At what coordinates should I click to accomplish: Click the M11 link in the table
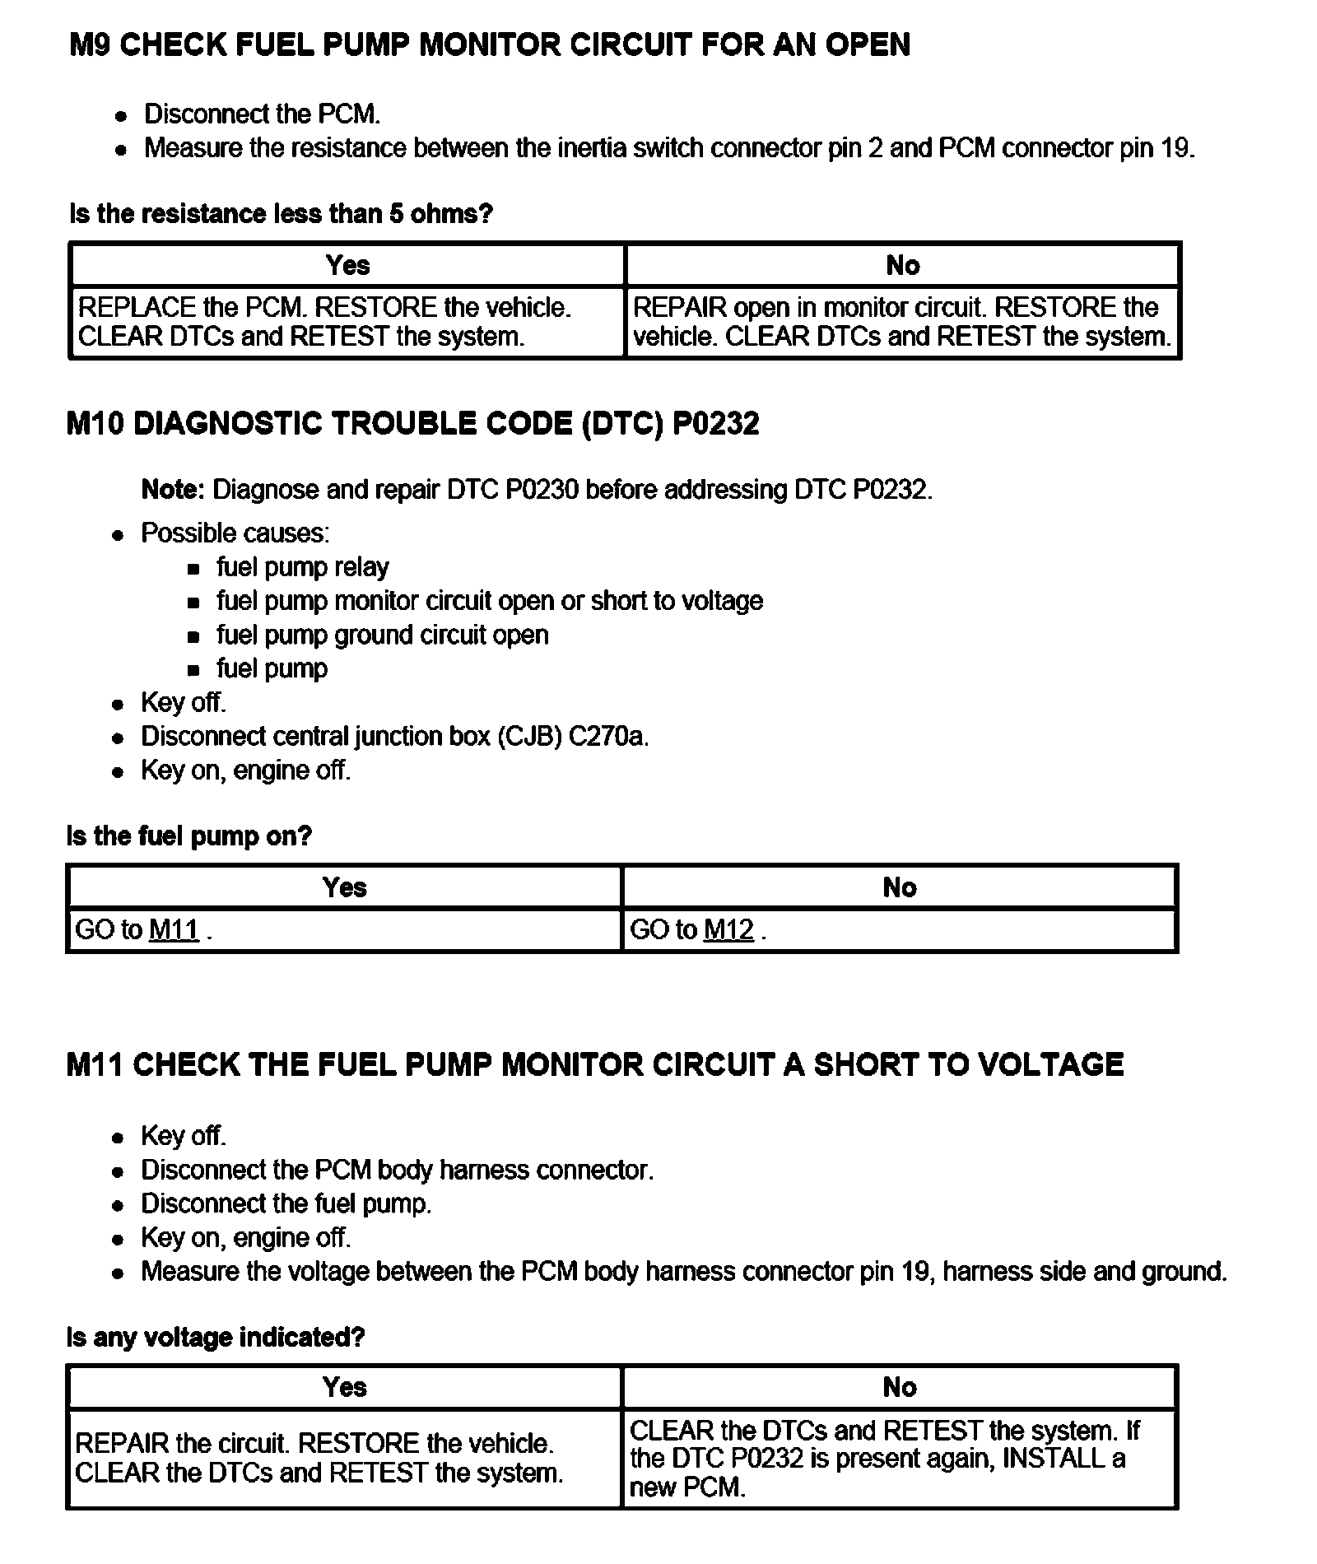174,930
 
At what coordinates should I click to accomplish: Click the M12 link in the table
728,930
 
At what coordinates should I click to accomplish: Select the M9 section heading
490,44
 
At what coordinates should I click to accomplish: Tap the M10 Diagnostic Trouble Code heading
412,424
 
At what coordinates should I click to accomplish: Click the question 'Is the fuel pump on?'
189,836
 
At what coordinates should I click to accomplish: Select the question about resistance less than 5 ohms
281,214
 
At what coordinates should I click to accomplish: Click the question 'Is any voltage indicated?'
215,1337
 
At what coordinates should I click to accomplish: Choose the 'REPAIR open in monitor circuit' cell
902,322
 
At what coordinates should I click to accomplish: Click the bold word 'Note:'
173,490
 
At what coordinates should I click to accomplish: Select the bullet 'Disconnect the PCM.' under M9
262,114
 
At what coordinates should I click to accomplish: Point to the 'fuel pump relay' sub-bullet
302,567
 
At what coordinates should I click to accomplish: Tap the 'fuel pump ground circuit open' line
382,635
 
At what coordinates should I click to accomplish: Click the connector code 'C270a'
607,736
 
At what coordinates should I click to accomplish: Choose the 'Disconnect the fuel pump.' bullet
286,1203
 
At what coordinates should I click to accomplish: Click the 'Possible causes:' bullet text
235,533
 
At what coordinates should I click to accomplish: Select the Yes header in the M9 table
347,265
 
